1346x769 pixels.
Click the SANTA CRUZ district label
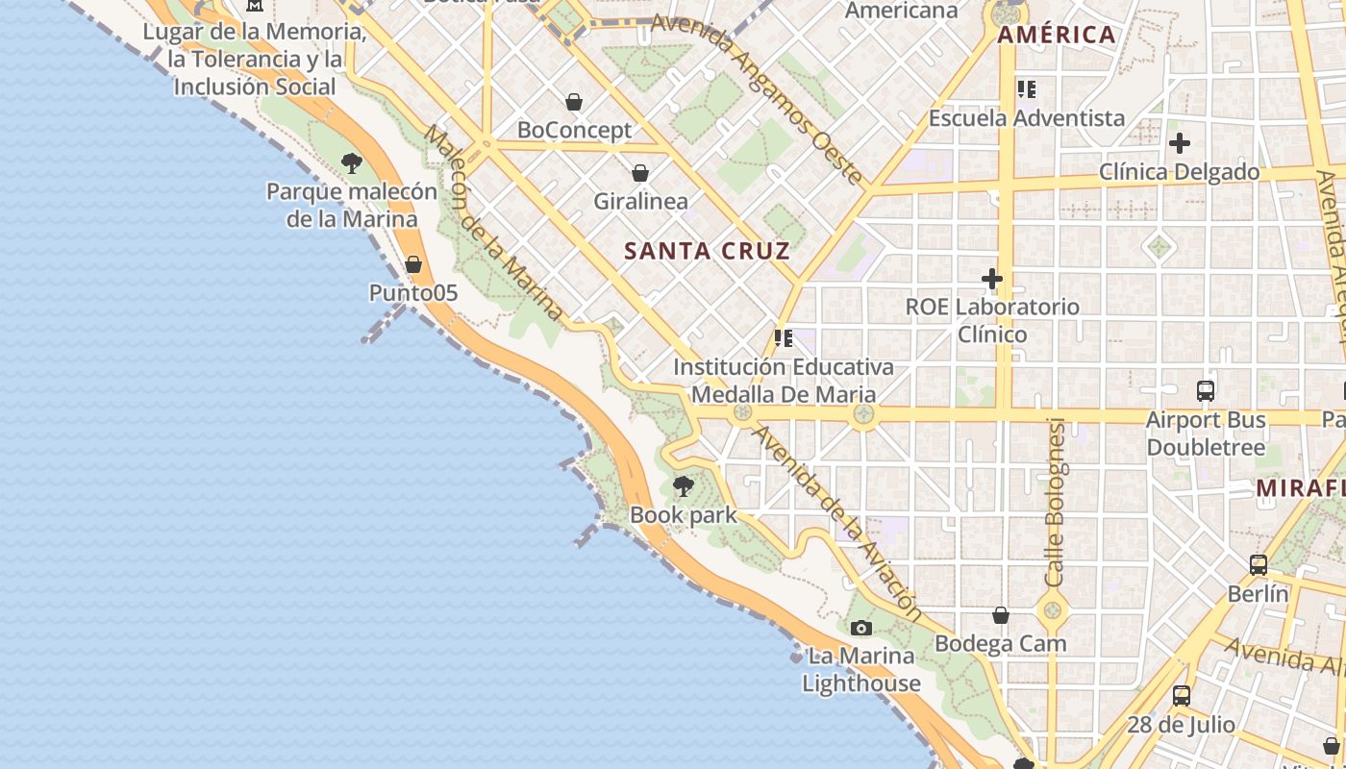(x=707, y=252)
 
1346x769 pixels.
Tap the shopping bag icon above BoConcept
(x=574, y=102)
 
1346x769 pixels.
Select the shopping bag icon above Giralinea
(x=640, y=173)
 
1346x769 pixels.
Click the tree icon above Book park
(x=684, y=485)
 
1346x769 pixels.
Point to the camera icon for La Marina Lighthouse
(x=861, y=628)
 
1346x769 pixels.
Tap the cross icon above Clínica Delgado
(x=1180, y=143)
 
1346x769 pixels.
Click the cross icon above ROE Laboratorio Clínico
(x=992, y=279)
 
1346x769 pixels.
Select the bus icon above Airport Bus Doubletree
(x=1206, y=390)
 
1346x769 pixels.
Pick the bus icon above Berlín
(x=1259, y=564)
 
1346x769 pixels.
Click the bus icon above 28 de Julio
(x=1182, y=695)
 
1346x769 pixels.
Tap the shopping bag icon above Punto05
(x=413, y=263)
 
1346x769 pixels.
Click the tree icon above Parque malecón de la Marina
(x=352, y=162)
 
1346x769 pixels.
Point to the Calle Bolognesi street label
(x=1055, y=503)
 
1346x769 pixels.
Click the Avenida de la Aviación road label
(x=837, y=523)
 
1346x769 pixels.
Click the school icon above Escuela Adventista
(x=1026, y=89)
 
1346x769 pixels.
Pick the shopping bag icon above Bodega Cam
(x=1001, y=615)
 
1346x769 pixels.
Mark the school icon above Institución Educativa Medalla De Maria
(x=784, y=338)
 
